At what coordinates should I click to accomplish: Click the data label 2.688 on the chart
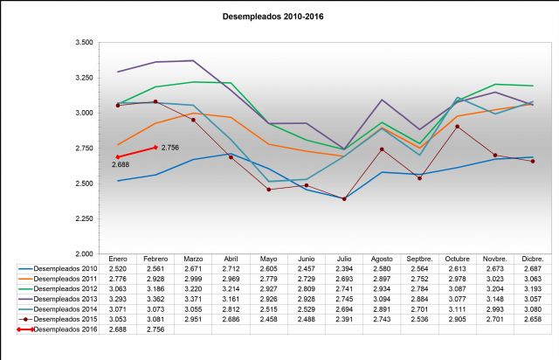(119, 164)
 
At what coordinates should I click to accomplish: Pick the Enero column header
(117, 260)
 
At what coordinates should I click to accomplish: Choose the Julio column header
(337, 260)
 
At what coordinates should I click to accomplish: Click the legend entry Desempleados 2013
(66, 300)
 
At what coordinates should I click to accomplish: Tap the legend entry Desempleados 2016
(66, 329)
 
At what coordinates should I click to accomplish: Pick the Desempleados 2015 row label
(66, 320)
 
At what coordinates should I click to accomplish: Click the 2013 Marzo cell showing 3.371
(192, 300)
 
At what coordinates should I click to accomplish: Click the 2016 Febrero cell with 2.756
(155, 329)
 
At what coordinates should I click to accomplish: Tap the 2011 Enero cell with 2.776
(117, 280)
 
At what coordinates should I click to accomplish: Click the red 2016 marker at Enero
(118, 157)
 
